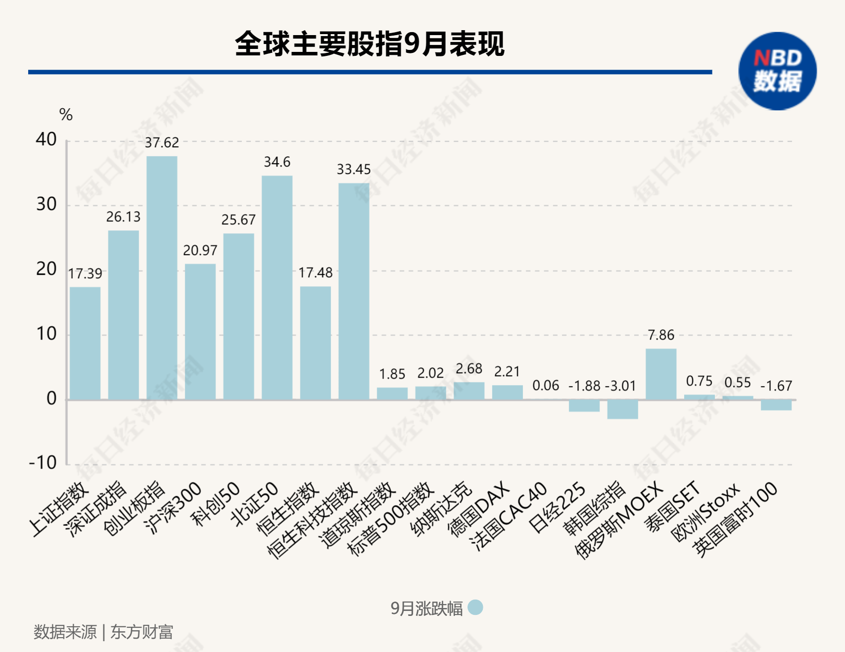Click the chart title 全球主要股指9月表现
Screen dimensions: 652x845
coord(370,43)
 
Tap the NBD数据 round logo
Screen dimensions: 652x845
coord(777,71)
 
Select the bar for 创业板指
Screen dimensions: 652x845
coord(162,278)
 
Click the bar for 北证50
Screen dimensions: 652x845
coord(277,287)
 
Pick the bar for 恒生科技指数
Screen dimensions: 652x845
coord(354,291)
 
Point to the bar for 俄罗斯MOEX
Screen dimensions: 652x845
coord(661,374)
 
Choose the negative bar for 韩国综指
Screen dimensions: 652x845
coord(622,409)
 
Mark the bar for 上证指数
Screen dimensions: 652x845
coord(85,343)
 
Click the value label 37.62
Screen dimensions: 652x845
coord(162,143)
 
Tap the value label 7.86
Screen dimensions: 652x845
coord(661,335)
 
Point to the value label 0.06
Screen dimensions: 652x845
coord(546,386)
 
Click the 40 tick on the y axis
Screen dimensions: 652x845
coord(46,139)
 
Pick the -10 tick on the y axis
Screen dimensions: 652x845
coord(43,463)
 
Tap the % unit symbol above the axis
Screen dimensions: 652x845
coord(66,115)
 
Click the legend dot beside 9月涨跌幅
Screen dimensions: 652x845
coord(475,608)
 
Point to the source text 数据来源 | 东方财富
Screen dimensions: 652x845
coord(103,632)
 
